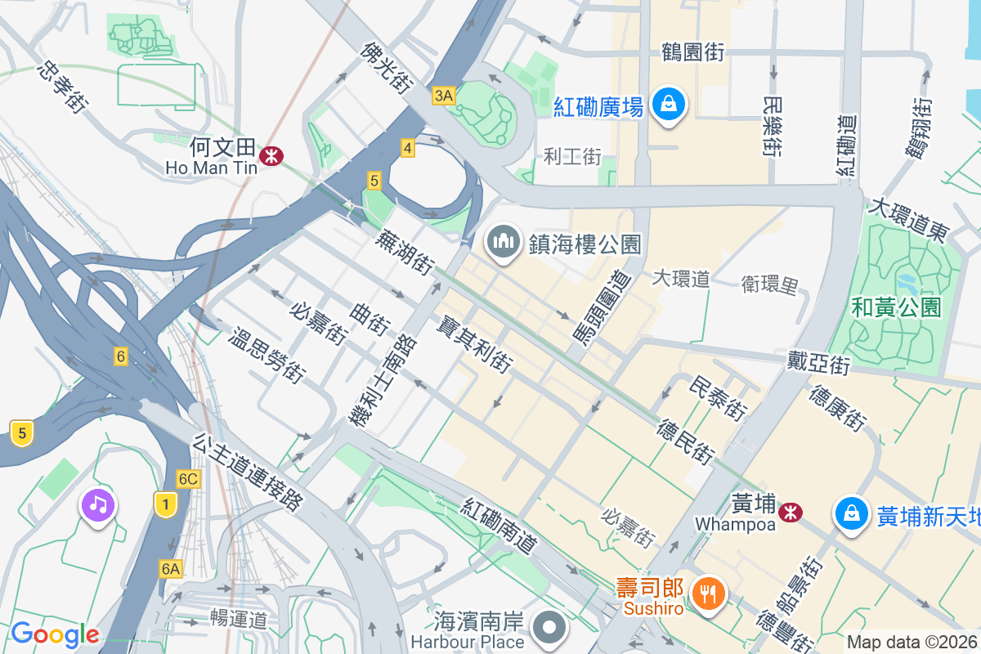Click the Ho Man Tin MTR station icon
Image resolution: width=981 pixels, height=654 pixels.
(x=268, y=155)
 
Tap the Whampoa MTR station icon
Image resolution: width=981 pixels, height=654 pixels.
(x=789, y=513)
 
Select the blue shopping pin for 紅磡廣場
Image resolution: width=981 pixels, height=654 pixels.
(x=669, y=105)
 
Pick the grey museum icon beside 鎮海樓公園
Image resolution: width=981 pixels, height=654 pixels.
(x=503, y=242)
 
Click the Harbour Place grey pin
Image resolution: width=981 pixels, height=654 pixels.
(x=549, y=628)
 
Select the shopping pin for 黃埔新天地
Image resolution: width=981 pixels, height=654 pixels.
(x=852, y=514)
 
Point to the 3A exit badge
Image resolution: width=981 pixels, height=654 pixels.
(x=443, y=96)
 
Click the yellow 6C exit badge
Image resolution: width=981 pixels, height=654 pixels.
(x=188, y=479)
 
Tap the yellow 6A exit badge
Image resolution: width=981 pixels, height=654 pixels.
(x=170, y=568)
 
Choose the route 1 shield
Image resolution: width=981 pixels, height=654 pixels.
(x=165, y=505)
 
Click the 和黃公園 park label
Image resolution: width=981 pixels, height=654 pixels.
(x=896, y=307)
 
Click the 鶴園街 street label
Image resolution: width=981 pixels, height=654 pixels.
(x=692, y=53)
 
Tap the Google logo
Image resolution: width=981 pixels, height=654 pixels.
(x=55, y=634)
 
